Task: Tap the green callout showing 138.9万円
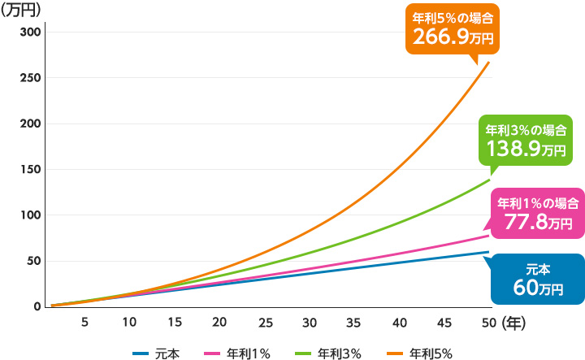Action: click(525, 140)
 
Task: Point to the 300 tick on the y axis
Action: click(30, 32)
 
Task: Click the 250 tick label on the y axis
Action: click(30, 78)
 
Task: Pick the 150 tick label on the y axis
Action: click(30, 170)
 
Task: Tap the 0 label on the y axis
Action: click(37, 307)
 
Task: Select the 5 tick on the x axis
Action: click(84, 323)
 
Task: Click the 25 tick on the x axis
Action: click(264, 323)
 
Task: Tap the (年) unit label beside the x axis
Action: click(514, 323)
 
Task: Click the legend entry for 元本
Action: click(156, 353)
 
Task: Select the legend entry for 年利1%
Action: click(246, 353)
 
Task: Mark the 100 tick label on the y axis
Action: click(30, 215)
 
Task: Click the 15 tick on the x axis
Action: click(174, 323)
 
